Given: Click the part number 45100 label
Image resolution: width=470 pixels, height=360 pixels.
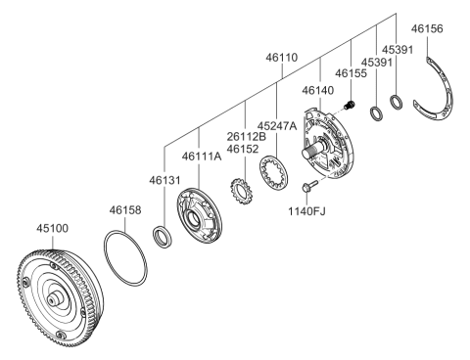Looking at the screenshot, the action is (x=52, y=228).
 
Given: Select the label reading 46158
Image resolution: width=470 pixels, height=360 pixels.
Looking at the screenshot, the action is (x=125, y=210).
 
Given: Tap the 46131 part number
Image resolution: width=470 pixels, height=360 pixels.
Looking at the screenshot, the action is (x=164, y=180).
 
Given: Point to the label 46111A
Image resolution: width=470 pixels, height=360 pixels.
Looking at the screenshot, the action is (x=202, y=157).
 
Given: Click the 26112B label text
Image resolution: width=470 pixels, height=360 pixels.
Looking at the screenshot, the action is (x=247, y=137).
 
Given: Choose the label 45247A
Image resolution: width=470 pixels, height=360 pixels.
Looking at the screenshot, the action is (x=277, y=125).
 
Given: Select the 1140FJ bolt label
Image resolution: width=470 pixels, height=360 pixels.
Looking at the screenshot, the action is (x=306, y=211).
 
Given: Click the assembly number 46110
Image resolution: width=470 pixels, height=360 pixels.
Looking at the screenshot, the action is (x=282, y=58).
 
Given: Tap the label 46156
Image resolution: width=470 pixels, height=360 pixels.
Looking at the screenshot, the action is (x=427, y=28).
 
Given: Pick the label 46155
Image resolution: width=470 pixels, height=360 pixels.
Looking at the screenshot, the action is (x=351, y=73).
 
